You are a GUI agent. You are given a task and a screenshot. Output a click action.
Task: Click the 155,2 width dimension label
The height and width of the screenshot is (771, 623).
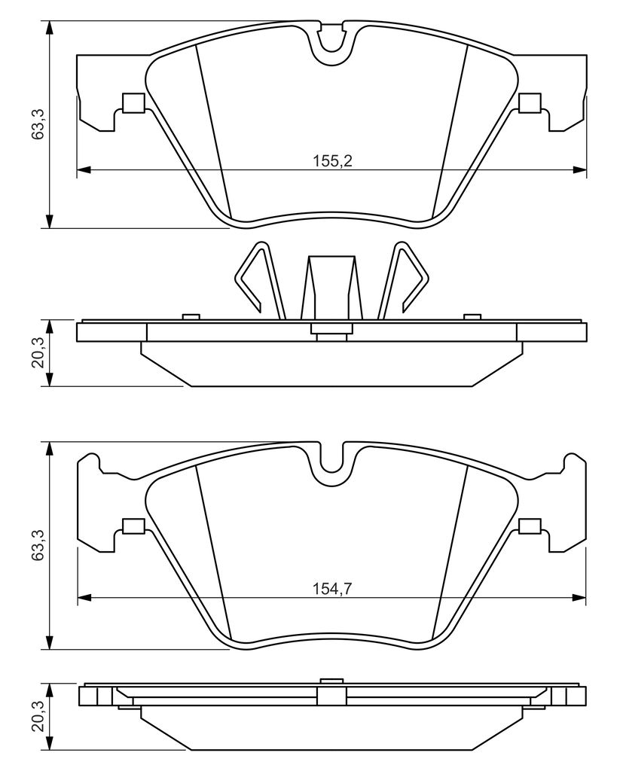[333, 161]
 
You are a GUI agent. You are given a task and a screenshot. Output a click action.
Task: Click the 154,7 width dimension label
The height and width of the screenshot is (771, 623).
[333, 589]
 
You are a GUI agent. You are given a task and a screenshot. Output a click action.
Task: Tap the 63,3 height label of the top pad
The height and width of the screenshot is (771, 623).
[38, 124]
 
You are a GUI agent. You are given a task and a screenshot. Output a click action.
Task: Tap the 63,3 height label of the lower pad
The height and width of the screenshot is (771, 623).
[38, 545]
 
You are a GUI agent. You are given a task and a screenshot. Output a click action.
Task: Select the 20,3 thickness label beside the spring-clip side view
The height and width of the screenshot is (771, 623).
[38, 353]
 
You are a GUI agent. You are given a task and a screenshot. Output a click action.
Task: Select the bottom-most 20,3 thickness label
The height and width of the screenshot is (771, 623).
[38, 716]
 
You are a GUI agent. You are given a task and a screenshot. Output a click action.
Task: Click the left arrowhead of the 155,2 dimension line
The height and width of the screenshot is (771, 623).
[84, 170]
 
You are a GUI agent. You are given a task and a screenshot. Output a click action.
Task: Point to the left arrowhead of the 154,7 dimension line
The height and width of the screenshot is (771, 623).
[84, 598]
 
